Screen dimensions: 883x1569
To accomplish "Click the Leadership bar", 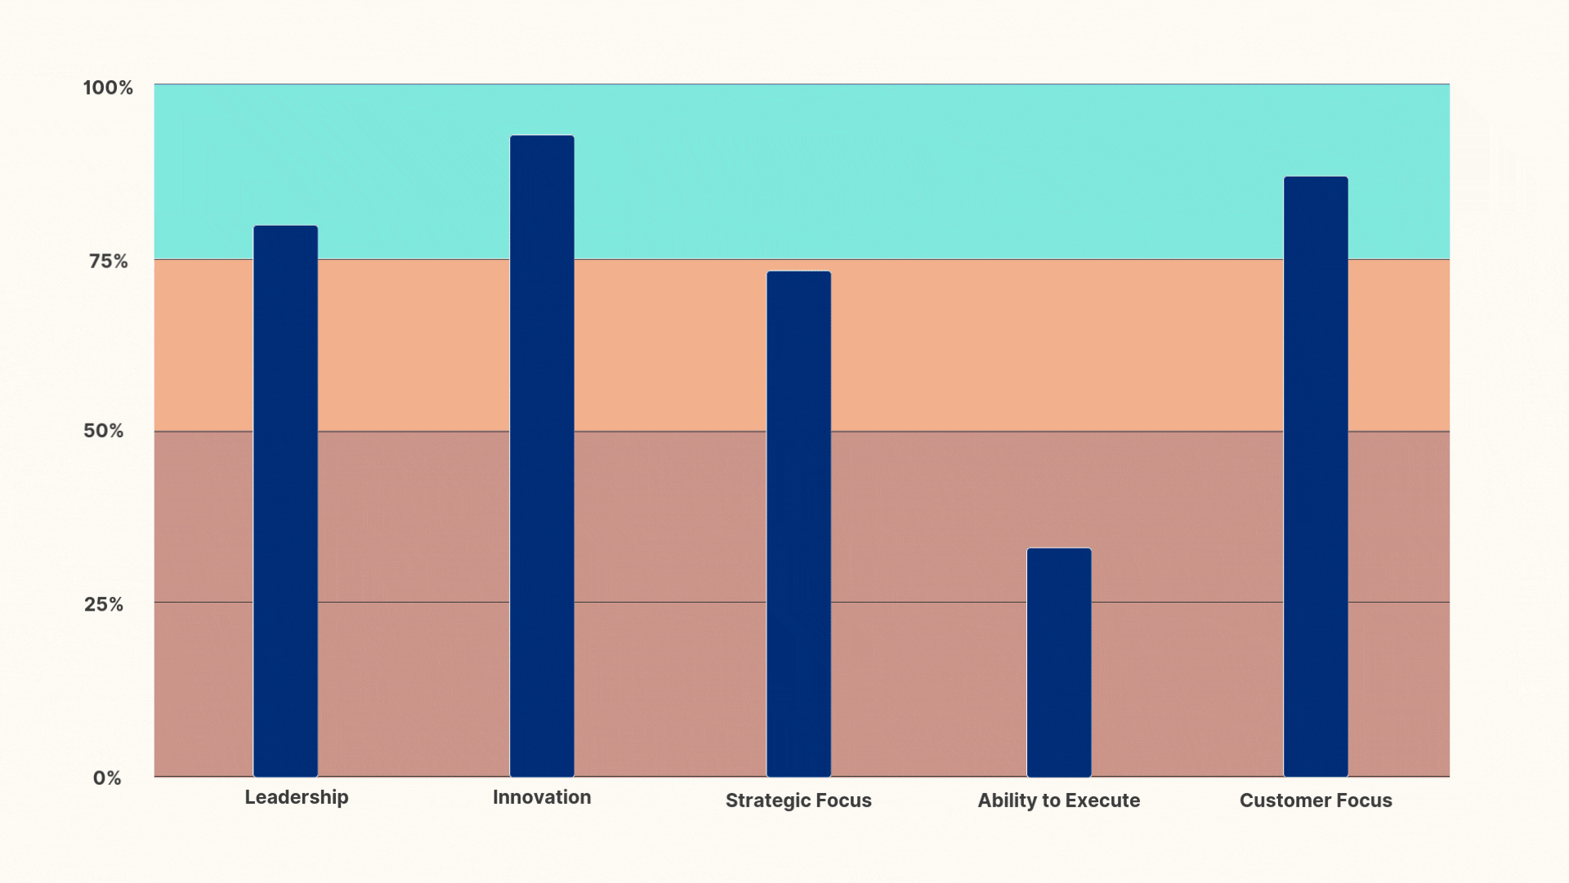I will point(285,500).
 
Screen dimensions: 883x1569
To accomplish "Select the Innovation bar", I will point(542,455).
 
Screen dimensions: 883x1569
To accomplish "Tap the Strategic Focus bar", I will point(798,523).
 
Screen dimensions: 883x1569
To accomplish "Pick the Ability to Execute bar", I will point(1058,662).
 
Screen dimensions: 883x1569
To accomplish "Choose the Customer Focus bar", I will point(1315,476).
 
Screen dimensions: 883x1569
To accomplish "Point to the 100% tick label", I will point(108,87).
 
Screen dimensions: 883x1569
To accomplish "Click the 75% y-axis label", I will point(109,261).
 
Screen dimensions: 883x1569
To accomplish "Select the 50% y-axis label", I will point(104,431).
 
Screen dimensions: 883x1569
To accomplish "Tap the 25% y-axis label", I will point(104,604).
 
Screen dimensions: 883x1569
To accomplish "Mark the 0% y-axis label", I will point(107,778).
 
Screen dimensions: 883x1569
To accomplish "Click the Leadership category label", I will point(297,797).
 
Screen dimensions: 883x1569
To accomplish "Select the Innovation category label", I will point(542,797).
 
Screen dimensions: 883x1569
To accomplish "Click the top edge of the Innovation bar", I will point(542,137).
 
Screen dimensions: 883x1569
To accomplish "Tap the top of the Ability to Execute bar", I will point(1058,549).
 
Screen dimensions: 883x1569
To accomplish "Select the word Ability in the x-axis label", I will point(1006,800).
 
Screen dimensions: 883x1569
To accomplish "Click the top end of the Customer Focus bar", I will point(1315,178).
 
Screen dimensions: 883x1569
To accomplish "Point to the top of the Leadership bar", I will point(285,227).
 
